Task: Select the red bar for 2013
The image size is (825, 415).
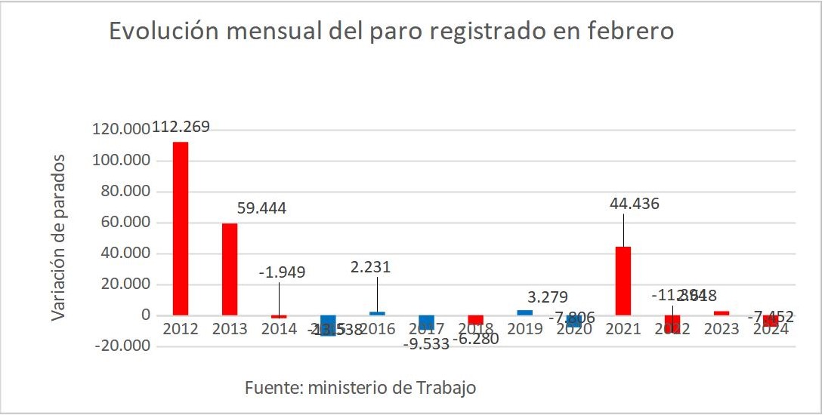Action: pyautogui.click(x=230, y=269)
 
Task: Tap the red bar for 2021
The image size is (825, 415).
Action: pyautogui.click(x=623, y=280)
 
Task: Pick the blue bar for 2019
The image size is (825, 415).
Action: pyautogui.click(x=524, y=312)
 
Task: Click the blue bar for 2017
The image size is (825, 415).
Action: pyautogui.click(x=426, y=322)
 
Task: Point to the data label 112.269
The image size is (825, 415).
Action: pyautogui.click(x=181, y=128)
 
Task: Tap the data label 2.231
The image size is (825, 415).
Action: pyautogui.click(x=370, y=266)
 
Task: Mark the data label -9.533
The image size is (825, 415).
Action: pyautogui.click(x=425, y=344)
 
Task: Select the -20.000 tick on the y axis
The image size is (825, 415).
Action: pyautogui.click(x=120, y=346)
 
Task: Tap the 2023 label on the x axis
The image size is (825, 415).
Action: pyautogui.click(x=721, y=329)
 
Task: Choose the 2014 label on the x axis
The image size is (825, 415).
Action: pyautogui.click(x=279, y=329)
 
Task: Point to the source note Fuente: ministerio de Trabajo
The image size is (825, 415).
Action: pyautogui.click(x=360, y=388)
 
